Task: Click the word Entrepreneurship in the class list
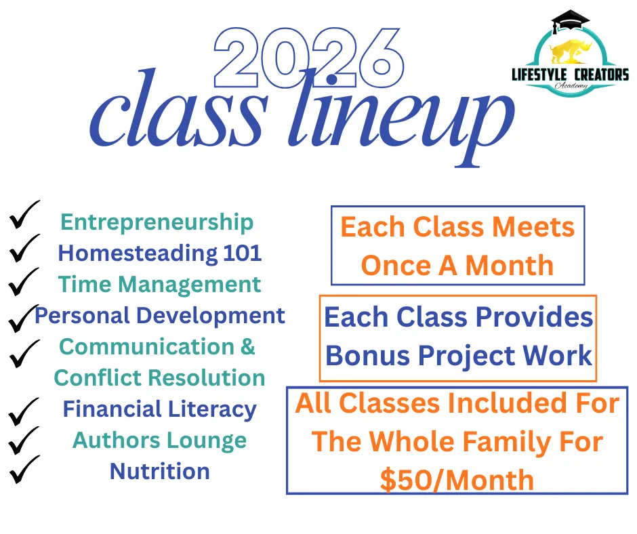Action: point(157,223)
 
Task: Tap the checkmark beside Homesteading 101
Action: point(24,248)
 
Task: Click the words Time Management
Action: point(159,284)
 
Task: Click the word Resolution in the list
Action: point(206,378)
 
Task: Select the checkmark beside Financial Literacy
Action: point(24,411)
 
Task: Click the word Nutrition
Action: point(160,472)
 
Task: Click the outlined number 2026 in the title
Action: point(309,58)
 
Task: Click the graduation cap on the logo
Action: point(570,21)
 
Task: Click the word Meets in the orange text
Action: point(533,227)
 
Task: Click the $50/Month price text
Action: point(457,480)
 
